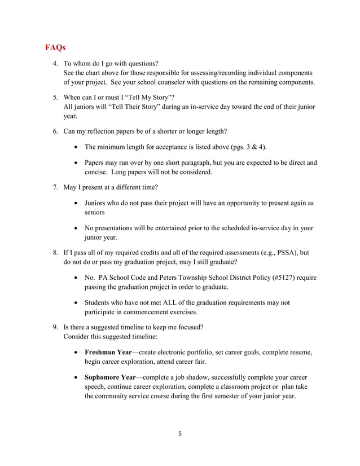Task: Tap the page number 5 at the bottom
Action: click(x=179, y=434)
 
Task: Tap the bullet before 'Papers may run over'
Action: click(x=77, y=163)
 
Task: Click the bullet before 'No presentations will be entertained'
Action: click(x=77, y=228)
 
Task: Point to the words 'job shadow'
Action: click(x=191, y=377)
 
